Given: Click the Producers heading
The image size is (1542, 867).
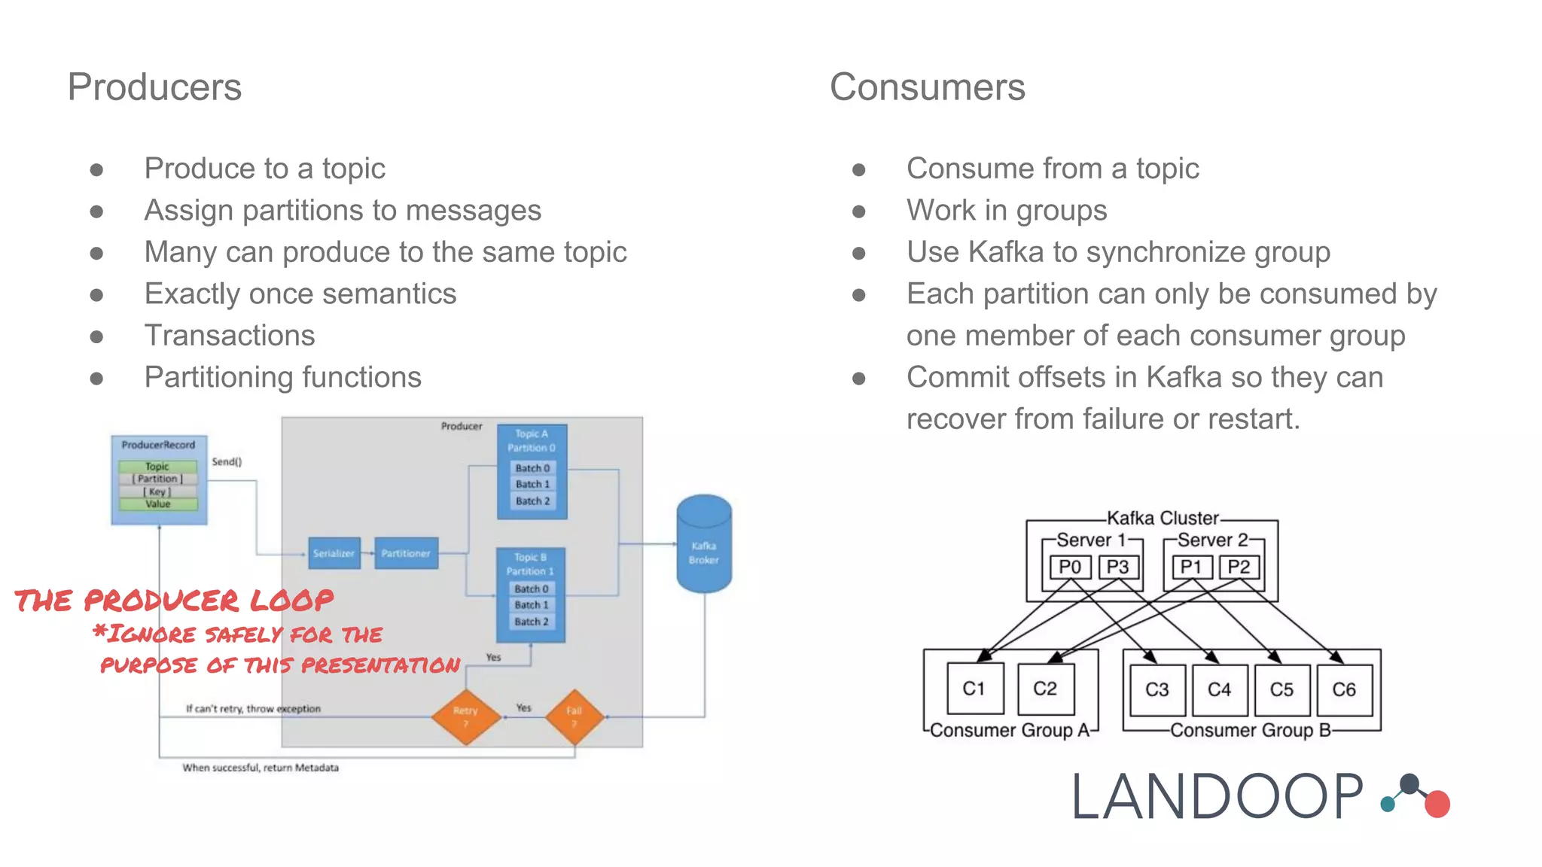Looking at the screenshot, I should [x=154, y=87].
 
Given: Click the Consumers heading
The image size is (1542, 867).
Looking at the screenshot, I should [x=927, y=87].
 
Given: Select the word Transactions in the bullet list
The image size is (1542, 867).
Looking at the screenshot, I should [x=230, y=336].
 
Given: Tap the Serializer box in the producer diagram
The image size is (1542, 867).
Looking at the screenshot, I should [x=334, y=553].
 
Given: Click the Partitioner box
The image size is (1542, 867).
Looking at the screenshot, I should [x=406, y=553].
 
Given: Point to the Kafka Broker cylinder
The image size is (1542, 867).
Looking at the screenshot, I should [x=703, y=545].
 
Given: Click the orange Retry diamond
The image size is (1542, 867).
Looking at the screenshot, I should [x=466, y=716].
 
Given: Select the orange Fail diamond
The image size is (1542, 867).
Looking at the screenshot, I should [x=574, y=716].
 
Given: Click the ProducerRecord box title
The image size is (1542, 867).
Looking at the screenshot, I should [x=158, y=445].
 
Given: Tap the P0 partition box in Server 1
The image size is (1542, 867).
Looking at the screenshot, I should [x=1069, y=567].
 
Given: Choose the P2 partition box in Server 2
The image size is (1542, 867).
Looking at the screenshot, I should [x=1239, y=567].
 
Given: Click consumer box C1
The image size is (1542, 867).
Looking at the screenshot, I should [x=974, y=689].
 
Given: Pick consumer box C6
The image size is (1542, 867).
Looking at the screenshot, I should [x=1344, y=689].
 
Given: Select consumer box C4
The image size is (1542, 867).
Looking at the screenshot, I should [x=1219, y=689].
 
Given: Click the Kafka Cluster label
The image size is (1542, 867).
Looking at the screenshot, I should [x=1162, y=518].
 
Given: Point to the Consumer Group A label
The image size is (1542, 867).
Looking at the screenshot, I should [x=1009, y=730].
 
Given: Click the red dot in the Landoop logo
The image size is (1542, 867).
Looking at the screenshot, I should [x=1437, y=804].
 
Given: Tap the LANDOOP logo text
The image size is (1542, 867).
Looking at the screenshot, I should [x=1217, y=797].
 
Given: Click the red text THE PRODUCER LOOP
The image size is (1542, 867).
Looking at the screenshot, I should [x=174, y=601].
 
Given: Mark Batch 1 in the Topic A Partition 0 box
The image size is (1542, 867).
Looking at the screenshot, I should [x=532, y=485].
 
